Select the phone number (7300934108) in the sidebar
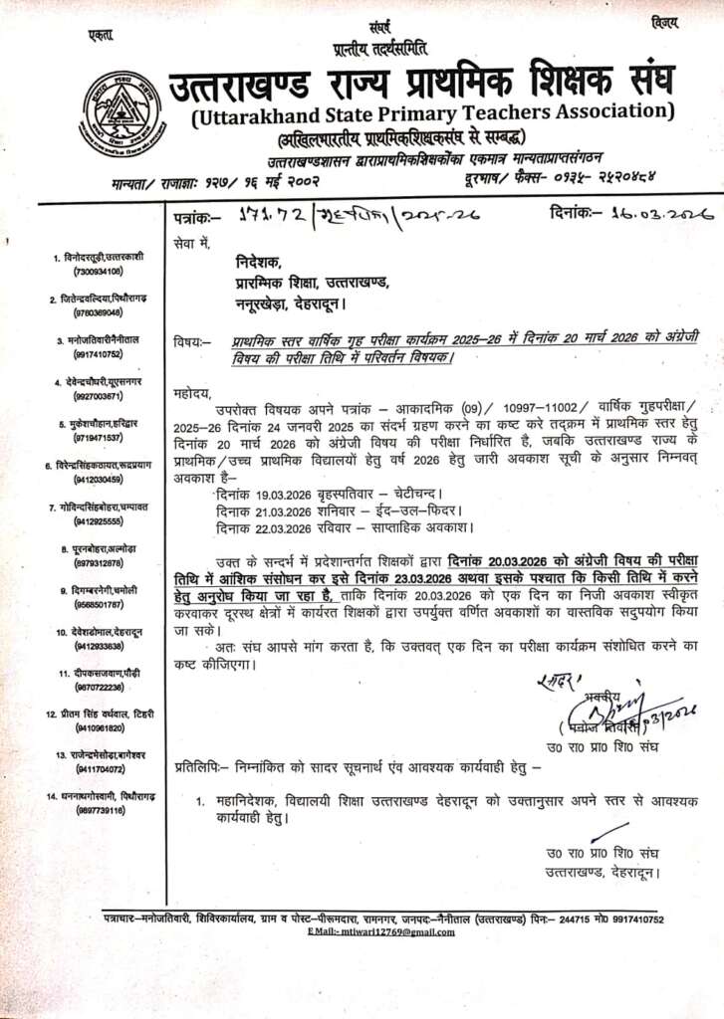pos(97,271)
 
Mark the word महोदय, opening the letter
pos(194,392)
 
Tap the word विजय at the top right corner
pos(663,22)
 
